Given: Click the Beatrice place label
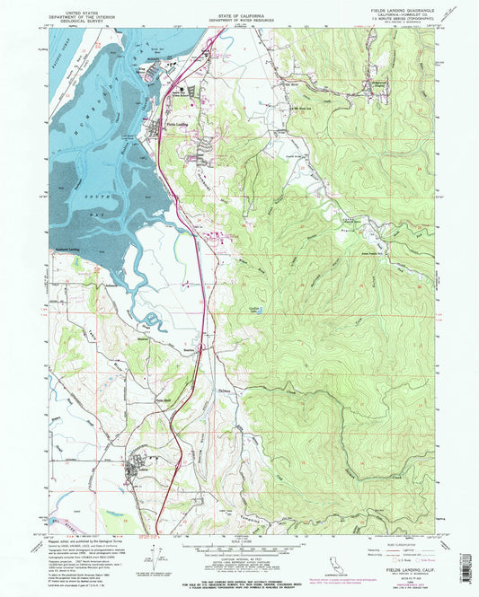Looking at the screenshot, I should (x=188, y=350).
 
